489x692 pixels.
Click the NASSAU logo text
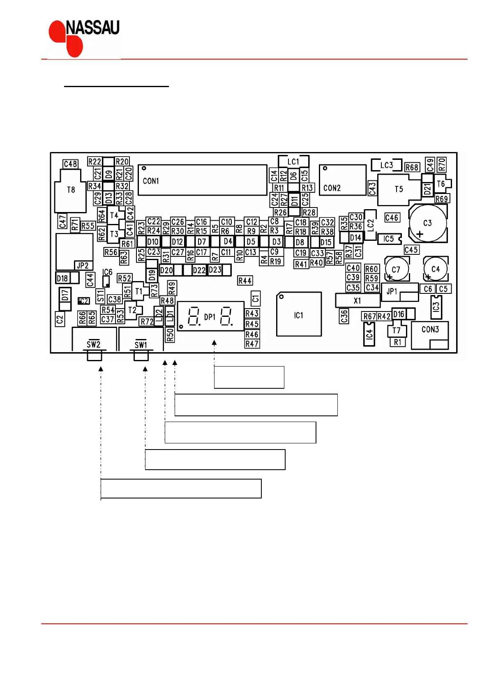(x=92, y=28)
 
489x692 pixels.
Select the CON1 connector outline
(x=203, y=180)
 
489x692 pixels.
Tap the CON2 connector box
(x=342, y=180)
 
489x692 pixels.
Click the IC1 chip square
(x=299, y=314)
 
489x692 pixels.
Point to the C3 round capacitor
(x=428, y=223)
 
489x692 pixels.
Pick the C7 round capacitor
(x=397, y=269)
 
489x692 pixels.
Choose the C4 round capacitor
(x=436, y=269)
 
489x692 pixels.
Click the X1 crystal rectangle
(x=357, y=300)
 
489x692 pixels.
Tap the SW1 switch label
(x=141, y=345)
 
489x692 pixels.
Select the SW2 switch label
(x=93, y=344)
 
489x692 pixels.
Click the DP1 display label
(x=210, y=317)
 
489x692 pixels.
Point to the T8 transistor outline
(x=71, y=191)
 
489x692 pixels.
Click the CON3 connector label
(x=430, y=330)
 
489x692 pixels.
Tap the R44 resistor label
(x=245, y=281)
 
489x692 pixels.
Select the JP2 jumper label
(x=83, y=265)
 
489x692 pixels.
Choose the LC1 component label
(x=293, y=162)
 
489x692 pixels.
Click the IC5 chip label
(x=388, y=239)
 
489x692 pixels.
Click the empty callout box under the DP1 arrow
(x=249, y=377)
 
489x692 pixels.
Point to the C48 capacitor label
(x=71, y=164)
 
